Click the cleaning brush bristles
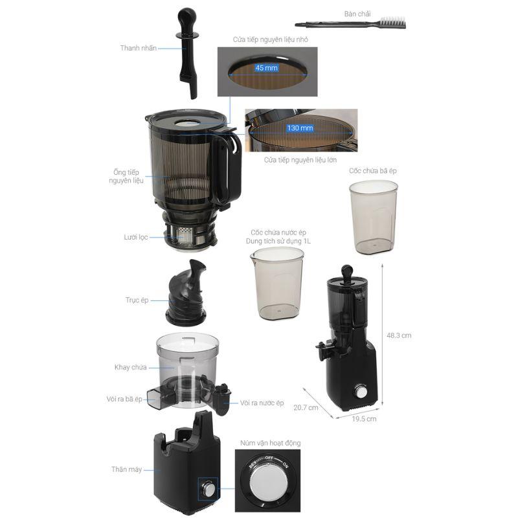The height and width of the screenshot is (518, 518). (x=394, y=23)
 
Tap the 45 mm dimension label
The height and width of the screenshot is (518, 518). (x=266, y=68)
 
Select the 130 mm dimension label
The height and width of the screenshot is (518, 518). (x=300, y=128)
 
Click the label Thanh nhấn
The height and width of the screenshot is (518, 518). (x=139, y=48)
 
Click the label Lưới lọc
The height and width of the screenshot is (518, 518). (x=136, y=237)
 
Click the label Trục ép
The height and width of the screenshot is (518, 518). (x=137, y=300)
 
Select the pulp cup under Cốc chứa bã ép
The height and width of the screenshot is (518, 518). (x=374, y=217)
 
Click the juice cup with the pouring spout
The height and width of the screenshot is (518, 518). (x=277, y=284)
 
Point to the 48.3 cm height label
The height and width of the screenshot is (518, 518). (x=399, y=335)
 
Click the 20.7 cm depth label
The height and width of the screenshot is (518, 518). (x=306, y=408)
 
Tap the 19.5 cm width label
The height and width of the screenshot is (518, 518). (x=364, y=419)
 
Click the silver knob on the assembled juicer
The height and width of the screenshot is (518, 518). (x=361, y=392)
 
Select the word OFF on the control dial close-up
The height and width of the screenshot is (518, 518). (x=269, y=458)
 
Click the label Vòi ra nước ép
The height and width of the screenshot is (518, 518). (x=262, y=403)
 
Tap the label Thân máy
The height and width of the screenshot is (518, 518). (x=126, y=469)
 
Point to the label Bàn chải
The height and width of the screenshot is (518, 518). (x=357, y=14)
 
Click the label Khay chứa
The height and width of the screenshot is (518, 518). (x=131, y=367)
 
